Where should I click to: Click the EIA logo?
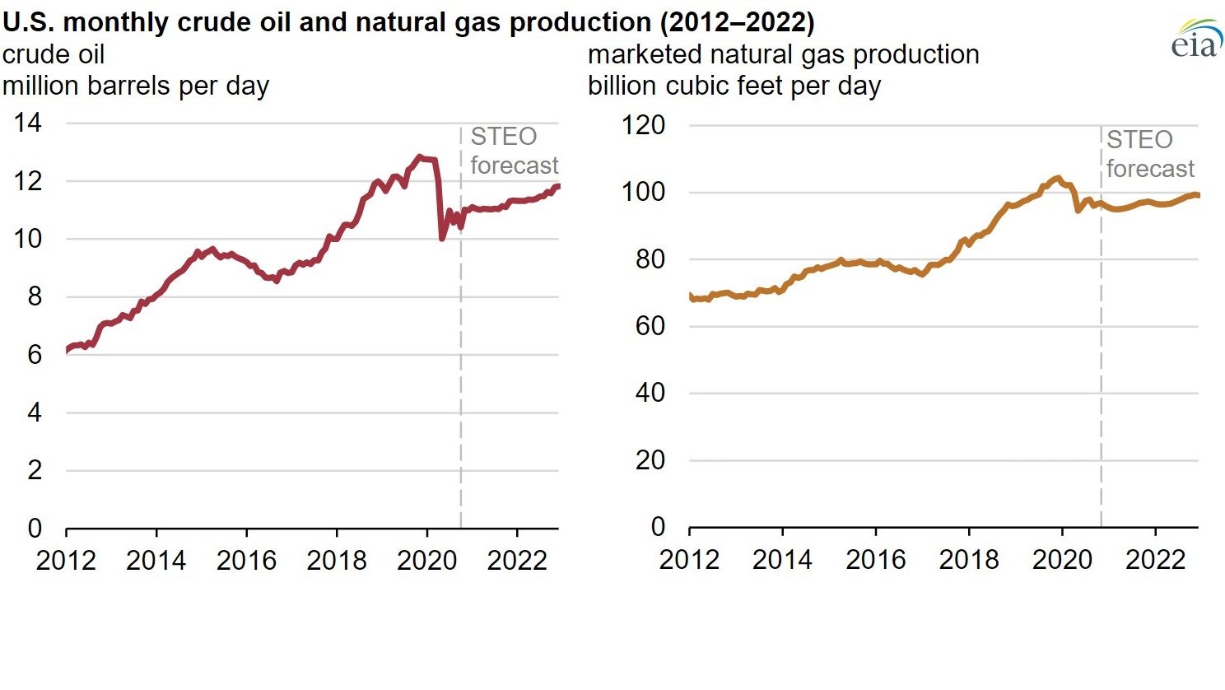1196,40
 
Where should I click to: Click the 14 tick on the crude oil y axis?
27,124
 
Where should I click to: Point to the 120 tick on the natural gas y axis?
643,125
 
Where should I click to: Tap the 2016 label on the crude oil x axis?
246,561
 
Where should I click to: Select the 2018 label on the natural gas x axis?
968,560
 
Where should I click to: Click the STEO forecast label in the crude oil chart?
514,152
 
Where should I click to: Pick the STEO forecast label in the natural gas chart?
1149,154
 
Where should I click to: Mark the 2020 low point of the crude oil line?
442,239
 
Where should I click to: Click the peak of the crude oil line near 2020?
420,156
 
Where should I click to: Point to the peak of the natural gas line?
1058,177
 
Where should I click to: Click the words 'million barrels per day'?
136,86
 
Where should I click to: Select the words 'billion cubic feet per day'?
734,86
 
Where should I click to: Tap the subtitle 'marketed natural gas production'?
783,55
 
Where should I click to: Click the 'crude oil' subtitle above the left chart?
54,55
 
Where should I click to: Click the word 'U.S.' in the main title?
28,22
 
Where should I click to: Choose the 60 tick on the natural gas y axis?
650,326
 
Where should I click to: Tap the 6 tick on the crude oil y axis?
34,355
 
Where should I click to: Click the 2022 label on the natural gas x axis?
1155,560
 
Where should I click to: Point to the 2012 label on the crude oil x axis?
66,561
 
